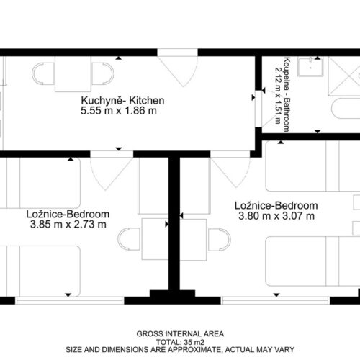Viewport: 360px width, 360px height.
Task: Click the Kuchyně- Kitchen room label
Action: [x=122, y=101]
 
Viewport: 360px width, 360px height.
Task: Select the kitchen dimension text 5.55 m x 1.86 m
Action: [x=119, y=111]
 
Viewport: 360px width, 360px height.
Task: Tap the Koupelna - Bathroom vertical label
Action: [x=287, y=94]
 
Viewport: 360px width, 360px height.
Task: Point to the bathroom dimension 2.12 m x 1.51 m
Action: [x=278, y=95]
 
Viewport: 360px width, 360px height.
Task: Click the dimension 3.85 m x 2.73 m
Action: [x=68, y=225]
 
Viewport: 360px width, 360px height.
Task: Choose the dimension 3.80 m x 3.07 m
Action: [x=276, y=216]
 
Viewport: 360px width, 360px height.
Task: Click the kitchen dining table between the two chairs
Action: [x=73, y=74]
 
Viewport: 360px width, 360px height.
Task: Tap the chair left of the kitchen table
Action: [x=43, y=73]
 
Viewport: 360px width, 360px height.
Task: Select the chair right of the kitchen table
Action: [x=103, y=73]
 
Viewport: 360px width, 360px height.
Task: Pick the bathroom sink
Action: [x=310, y=66]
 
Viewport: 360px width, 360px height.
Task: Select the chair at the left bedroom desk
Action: [x=129, y=239]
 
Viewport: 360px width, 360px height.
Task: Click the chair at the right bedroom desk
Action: [x=220, y=240]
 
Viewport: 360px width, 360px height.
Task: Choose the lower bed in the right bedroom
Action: [x=312, y=261]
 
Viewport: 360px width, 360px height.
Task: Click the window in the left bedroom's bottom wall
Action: [x=70, y=300]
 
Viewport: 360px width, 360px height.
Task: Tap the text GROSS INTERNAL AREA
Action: [x=180, y=334]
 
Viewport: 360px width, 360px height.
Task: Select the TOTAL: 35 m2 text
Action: [x=180, y=342]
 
